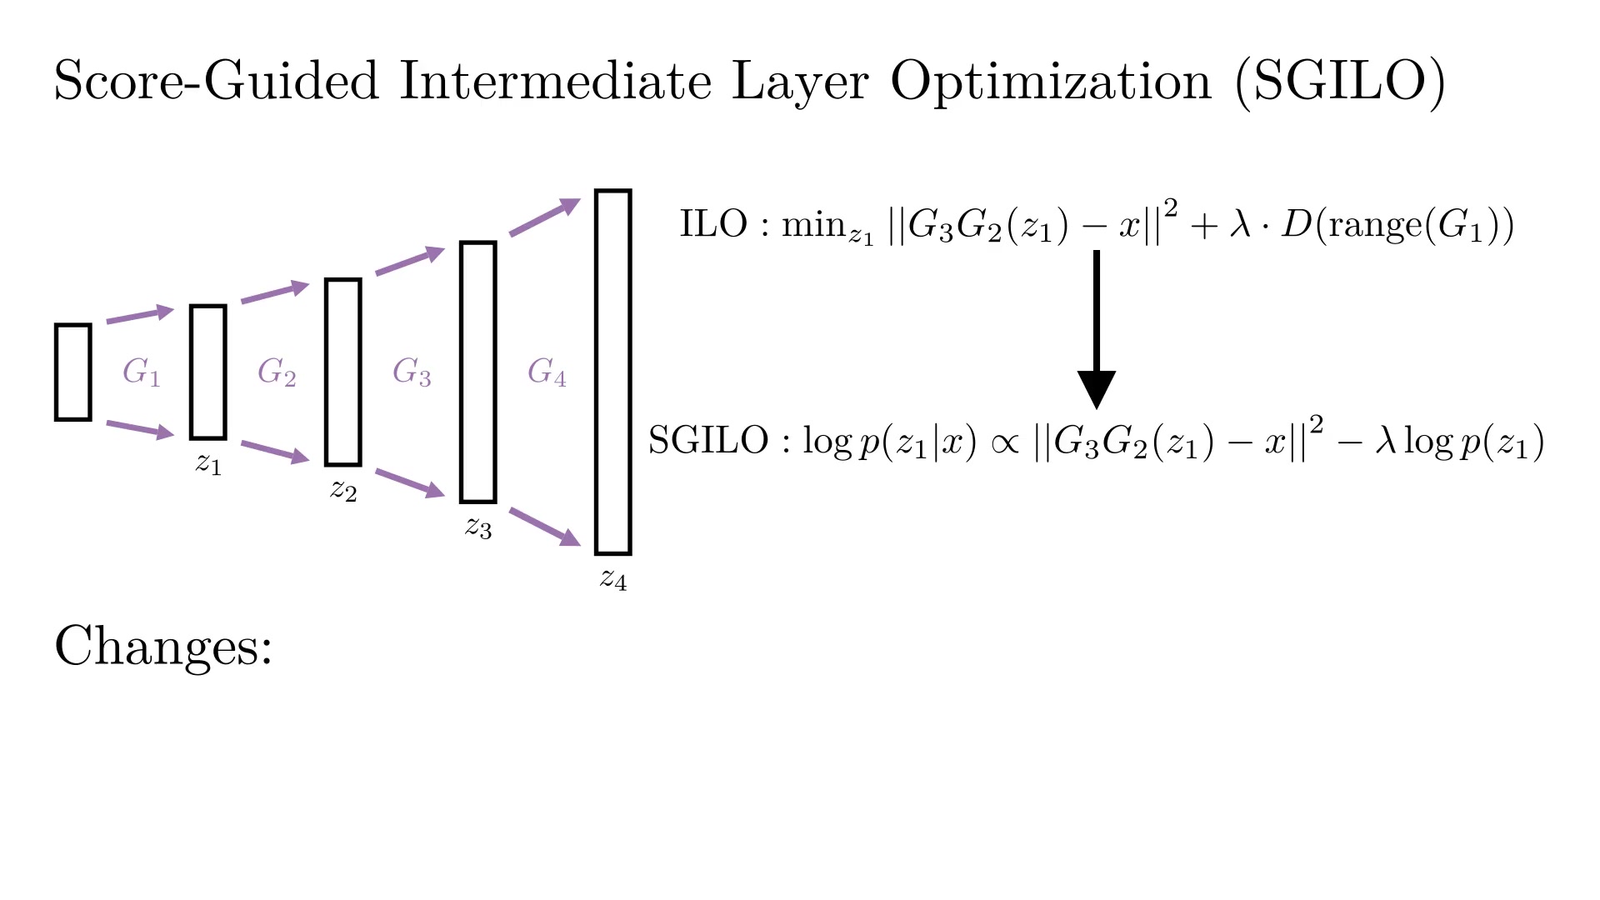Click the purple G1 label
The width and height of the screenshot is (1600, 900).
[x=141, y=372]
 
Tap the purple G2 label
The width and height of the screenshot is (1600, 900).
[x=277, y=372]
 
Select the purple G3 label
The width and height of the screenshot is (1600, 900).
[x=412, y=372]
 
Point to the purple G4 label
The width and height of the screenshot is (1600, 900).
[x=547, y=372]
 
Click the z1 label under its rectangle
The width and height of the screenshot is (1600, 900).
[x=208, y=462]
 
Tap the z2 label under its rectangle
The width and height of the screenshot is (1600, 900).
[x=343, y=490]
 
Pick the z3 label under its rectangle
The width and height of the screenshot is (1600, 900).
[x=478, y=527]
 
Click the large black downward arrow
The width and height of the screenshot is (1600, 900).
[x=1097, y=329]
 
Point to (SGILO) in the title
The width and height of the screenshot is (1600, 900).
[x=1340, y=82]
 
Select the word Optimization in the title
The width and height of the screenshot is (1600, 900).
[x=1051, y=82]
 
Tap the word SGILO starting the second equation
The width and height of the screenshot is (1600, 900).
[x=708, y=440]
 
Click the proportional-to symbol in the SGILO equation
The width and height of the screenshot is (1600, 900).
[x=1005, y=443]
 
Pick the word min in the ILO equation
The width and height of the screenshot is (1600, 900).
[x=813, y=225]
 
